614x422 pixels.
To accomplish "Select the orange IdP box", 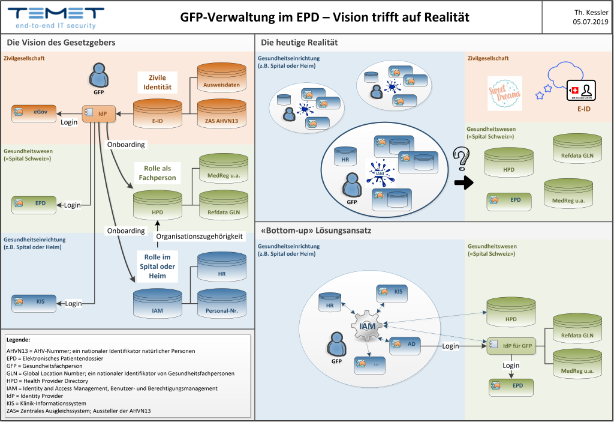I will coord(98,112).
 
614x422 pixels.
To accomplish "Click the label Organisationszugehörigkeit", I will coord(200,237).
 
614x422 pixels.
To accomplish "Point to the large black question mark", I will coord(460,160).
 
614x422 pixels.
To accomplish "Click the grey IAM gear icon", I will coord(366,326).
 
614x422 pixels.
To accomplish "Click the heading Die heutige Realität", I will coord(299,43).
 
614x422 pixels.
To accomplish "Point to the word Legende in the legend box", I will coord(18,340).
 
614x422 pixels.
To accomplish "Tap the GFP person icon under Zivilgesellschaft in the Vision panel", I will coord(98,76).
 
